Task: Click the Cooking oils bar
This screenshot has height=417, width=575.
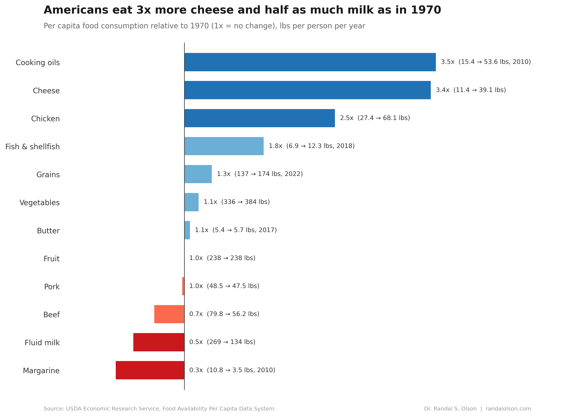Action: [x=310, y=62]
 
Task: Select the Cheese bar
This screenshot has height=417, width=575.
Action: [x=307, y=90]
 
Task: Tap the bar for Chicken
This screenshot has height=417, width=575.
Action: [x=259, y=118]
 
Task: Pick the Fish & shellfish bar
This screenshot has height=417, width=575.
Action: [x=224, y=146]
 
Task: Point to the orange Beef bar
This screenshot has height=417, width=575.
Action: [x=169, y=314]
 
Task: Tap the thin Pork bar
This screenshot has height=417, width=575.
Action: [x=183, y=286]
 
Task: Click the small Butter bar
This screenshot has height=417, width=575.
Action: [x=187, y=230]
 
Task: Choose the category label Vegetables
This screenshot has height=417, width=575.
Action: [x=40, y=203]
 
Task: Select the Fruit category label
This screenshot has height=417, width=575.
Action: [x=52, y=259]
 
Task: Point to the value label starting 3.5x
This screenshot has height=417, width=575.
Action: [x=485, y=62]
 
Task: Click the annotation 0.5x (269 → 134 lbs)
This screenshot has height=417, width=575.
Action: [x=222, y=342]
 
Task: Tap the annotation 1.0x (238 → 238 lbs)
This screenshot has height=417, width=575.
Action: [x=222, y=258]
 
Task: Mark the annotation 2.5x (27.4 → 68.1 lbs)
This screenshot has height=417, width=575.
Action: [x=375, y=118]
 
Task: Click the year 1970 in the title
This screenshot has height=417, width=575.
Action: [x=426, y=10]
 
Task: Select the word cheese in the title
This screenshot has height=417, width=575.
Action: [x=212, y=10]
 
